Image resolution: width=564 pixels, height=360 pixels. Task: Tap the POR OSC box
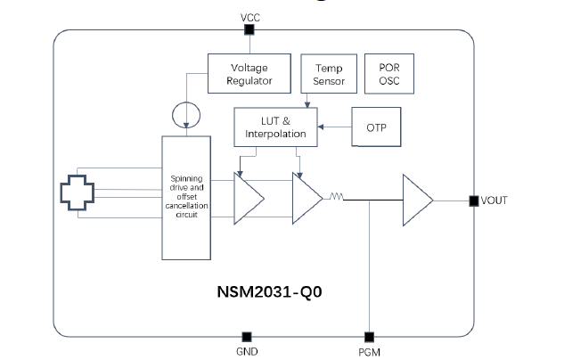coord(389,74)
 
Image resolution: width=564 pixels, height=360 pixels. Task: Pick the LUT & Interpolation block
coord(274,127)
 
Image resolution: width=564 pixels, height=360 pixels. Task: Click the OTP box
coord(377,127)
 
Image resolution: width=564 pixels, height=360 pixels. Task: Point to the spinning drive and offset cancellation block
coord(186,195)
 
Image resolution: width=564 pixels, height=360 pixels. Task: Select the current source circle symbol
coord(184,115)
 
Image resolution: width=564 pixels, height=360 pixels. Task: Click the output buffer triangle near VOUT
coord(417,200)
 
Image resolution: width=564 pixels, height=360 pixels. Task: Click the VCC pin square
coord(249,30)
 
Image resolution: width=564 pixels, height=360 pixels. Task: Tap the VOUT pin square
coord(472,200)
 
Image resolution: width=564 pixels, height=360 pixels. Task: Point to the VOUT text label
coord(494,200)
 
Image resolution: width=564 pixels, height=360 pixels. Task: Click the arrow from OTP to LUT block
coord(334,127)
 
